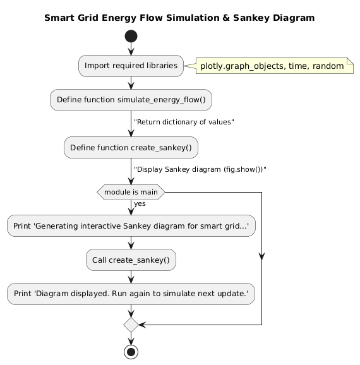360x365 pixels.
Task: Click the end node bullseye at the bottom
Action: click(131, 352)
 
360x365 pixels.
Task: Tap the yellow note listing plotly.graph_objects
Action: click(273, 65)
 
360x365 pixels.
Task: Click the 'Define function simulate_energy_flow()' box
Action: click(131, 99)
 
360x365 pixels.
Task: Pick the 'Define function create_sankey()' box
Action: click(131, 147)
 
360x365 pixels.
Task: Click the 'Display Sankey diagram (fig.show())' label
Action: click(200, 169)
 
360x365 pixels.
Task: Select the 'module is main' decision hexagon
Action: click(131, 191)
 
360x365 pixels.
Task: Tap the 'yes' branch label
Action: click(140, 203)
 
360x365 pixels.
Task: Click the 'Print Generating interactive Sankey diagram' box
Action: click(131, 225)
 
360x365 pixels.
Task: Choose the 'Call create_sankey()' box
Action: click(131, 260)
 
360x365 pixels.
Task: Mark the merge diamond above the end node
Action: click(131, 325)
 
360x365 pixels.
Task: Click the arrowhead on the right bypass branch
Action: click(261, 256)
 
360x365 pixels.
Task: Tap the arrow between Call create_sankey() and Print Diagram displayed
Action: click(131, 277)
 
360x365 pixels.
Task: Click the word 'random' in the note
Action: click(330, 65)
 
